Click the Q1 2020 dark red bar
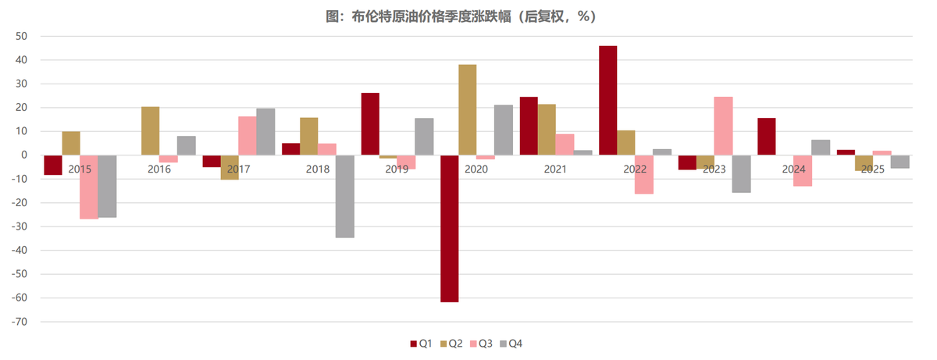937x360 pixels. (x=450, y=228)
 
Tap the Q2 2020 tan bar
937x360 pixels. (x=468, y=109)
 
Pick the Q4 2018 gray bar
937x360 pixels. (x=345, y=196)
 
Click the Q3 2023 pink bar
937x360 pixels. (x=723, y=126)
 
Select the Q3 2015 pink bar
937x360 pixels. (x=89, y=187)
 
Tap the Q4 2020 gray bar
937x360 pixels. (x=504, y=130)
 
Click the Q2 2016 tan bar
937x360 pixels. (x=151, y=130)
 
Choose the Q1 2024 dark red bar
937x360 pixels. (x=767, y=136)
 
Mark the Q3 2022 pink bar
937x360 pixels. (x=644, y=174)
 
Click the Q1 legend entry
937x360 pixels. (x=422, y=344)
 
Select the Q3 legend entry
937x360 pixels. (x=481, y=344)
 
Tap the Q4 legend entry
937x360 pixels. (x=511, y=344)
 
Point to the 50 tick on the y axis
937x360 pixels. (x=21, y=36)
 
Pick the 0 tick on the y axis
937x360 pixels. (x=24, y=155)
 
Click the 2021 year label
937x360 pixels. (x=556, y=169)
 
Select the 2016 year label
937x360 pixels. (x=159, y=169)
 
